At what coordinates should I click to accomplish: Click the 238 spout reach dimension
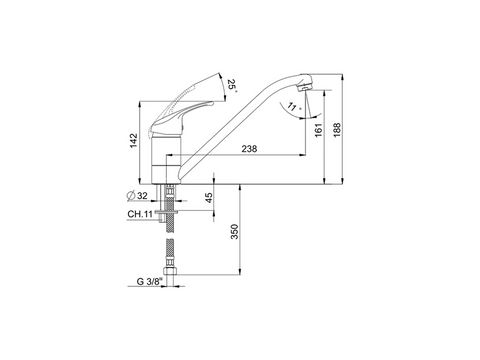pos(249,149)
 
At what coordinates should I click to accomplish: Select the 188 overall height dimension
pos(337,130)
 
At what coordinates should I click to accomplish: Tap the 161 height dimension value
pos(319,130)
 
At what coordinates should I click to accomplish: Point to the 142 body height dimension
pos(134,141)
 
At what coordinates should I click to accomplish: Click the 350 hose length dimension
pos(235,232)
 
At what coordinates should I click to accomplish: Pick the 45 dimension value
pos(209,198)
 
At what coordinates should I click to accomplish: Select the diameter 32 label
pos(137,196)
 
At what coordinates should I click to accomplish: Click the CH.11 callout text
pos(140,214)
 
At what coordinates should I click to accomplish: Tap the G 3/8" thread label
pos(150,282)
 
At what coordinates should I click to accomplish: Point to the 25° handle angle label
pos(232,86)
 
